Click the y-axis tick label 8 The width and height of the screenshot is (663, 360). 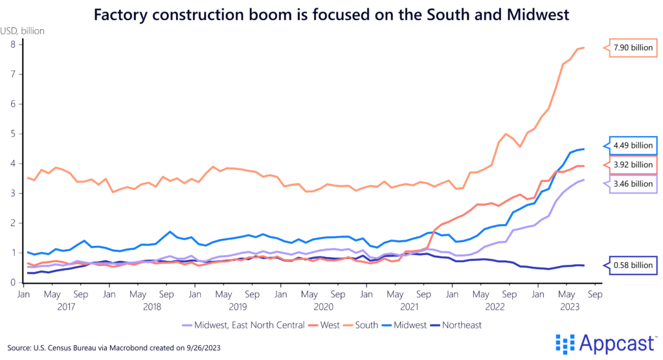tap(12, 44)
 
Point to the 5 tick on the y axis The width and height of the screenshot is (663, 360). tap(12, 133)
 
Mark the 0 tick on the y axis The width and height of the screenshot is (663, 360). tap(12, 283)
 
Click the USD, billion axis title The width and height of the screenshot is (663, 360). tap(28, 29)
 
